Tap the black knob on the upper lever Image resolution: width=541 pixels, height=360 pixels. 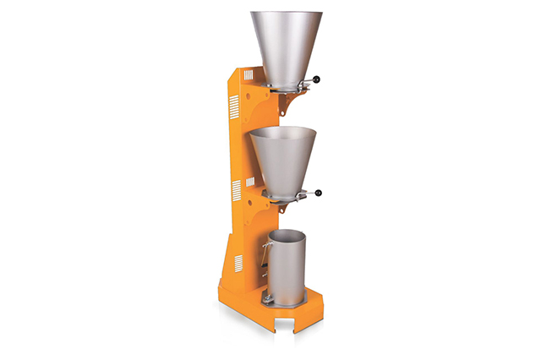(318, 81)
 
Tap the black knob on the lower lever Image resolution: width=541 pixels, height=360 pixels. (320, 194)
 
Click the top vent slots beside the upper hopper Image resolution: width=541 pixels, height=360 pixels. (234, 106)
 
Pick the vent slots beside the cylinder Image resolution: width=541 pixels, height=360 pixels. (238, 263)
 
